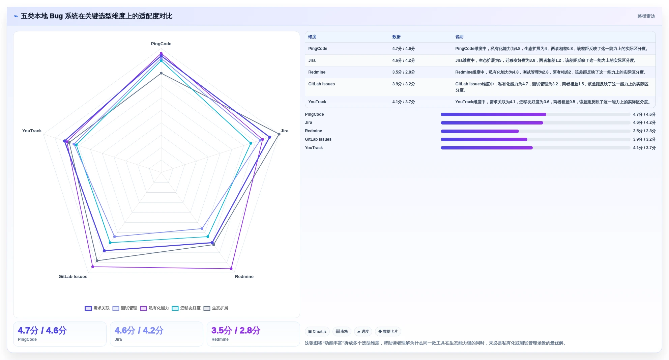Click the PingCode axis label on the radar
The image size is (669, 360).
161,44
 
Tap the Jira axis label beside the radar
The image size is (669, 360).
285,131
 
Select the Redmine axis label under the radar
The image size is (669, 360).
244,277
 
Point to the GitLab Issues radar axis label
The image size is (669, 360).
73,277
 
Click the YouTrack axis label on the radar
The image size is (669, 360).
32,131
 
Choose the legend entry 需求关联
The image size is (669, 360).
97,308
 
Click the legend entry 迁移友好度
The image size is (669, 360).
186,308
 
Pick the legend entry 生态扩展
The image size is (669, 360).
216,308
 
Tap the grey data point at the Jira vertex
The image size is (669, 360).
279,134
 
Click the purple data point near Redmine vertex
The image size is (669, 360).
231,269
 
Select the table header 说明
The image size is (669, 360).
459,37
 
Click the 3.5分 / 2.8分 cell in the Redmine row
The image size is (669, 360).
404,72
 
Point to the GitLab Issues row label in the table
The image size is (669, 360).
321,84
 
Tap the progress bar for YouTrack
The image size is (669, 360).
535,148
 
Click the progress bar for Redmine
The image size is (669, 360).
535,131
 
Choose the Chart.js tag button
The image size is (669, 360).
317,332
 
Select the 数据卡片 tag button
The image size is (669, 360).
388,332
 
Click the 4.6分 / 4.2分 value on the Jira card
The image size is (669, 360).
139,331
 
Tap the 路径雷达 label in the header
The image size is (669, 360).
646,16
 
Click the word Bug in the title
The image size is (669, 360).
56,16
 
